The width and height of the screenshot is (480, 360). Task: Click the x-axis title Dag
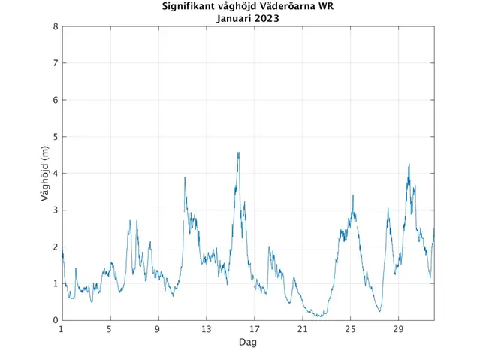click(247, 342)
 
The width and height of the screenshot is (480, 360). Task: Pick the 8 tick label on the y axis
click(55, 26)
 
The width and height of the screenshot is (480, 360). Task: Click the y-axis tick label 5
click(55, 137)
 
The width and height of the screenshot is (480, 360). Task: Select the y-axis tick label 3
click(55, 210)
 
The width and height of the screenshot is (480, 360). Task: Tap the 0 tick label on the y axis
click(55, 321)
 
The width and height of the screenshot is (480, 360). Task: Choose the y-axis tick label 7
click(55, 63)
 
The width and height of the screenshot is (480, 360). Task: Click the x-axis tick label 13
click(206, 329)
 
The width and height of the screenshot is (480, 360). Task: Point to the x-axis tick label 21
click(302, 329)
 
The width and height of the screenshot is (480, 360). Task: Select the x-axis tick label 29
click(398, 329)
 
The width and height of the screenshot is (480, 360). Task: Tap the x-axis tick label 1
click(62, 329)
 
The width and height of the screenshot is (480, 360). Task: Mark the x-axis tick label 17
click(254, 329)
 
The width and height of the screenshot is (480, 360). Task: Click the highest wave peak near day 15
click(238, 153)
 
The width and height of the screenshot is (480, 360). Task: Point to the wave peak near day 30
click(409, 165)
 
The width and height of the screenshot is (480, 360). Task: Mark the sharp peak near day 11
click(185, 178)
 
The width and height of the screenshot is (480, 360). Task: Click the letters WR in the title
click(326, 7)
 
